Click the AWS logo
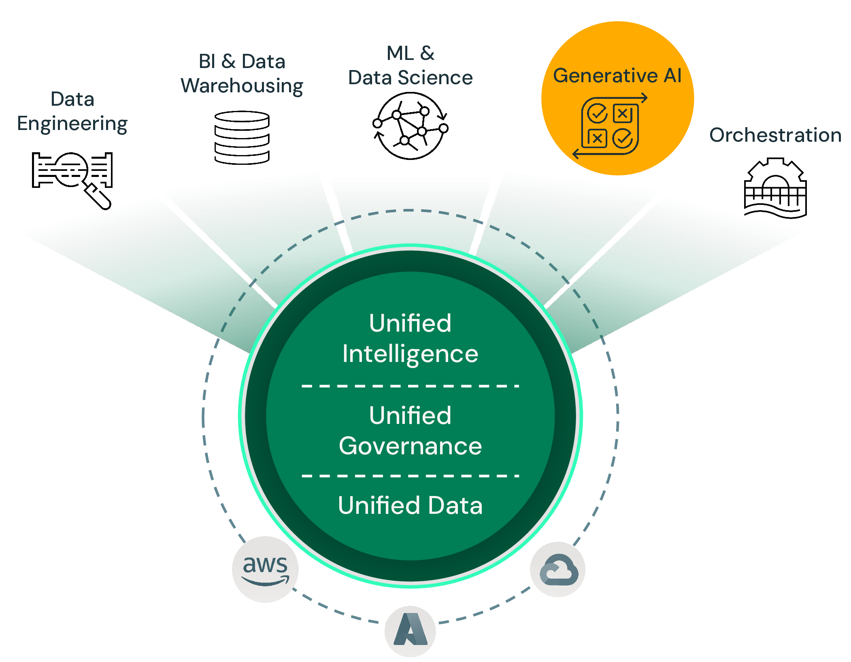click(265, 569)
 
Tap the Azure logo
click(410, 630)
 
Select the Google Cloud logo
click(558, 569)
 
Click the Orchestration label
click(775, 135)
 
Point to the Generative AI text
click(617, 76)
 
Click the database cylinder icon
click(242, 138)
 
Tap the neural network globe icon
click(410, 126)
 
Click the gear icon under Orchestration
click(775, 188)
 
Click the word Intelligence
click(410, 354)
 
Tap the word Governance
click(410, 446)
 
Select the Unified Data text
click(410, 505)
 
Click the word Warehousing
click(242, 86)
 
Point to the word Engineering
click(72, 123)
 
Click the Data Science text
click(410, 78)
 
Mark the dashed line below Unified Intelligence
click(410, 386)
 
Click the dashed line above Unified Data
click(410, 476)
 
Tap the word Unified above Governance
click(410, 415)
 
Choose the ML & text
click(410, 53)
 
